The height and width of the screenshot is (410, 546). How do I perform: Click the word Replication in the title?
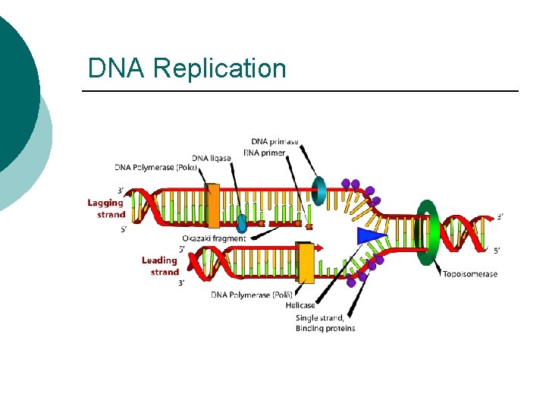point(219,68)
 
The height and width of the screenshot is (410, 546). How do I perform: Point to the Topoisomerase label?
point(470,274)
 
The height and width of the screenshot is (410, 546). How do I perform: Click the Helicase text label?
point(301,305)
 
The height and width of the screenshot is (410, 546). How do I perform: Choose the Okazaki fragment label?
point(215,238)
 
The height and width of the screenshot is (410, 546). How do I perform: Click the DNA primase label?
point(275,142)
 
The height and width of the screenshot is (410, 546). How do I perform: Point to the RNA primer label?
point(264,153)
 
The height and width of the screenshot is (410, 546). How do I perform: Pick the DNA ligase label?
point(212,158)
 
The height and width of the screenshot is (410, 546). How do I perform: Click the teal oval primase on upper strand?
point(319,191)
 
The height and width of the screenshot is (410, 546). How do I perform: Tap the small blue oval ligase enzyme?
point(242,224)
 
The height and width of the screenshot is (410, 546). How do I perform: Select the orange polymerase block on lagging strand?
point(212,206)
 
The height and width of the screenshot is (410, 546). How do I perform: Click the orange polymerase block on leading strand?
point(306,263)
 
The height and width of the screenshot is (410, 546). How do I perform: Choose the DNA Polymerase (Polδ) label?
point(252,295)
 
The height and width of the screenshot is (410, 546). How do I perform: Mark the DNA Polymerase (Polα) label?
point(156,167)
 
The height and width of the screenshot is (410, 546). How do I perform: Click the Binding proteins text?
point(325,328)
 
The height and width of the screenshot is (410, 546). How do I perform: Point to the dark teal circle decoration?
point(15,91)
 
